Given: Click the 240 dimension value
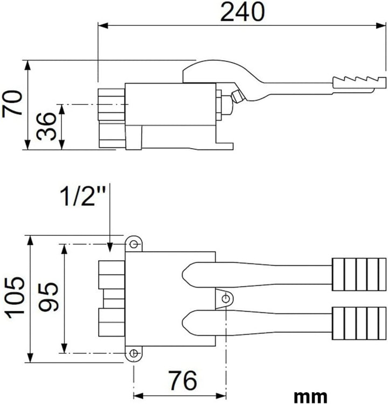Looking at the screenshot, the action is (242, 12).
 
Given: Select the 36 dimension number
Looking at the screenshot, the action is (46, 127).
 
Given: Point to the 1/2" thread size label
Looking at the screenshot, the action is (83, 196).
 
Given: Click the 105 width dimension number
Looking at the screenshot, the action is (15, 297).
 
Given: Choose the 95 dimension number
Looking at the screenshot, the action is (48, 297).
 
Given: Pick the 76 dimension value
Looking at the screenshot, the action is (183, 380).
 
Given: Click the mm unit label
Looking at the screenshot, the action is (310, 396).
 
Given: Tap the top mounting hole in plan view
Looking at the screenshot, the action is (134, 244).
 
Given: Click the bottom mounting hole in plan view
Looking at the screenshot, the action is (134, 353).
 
